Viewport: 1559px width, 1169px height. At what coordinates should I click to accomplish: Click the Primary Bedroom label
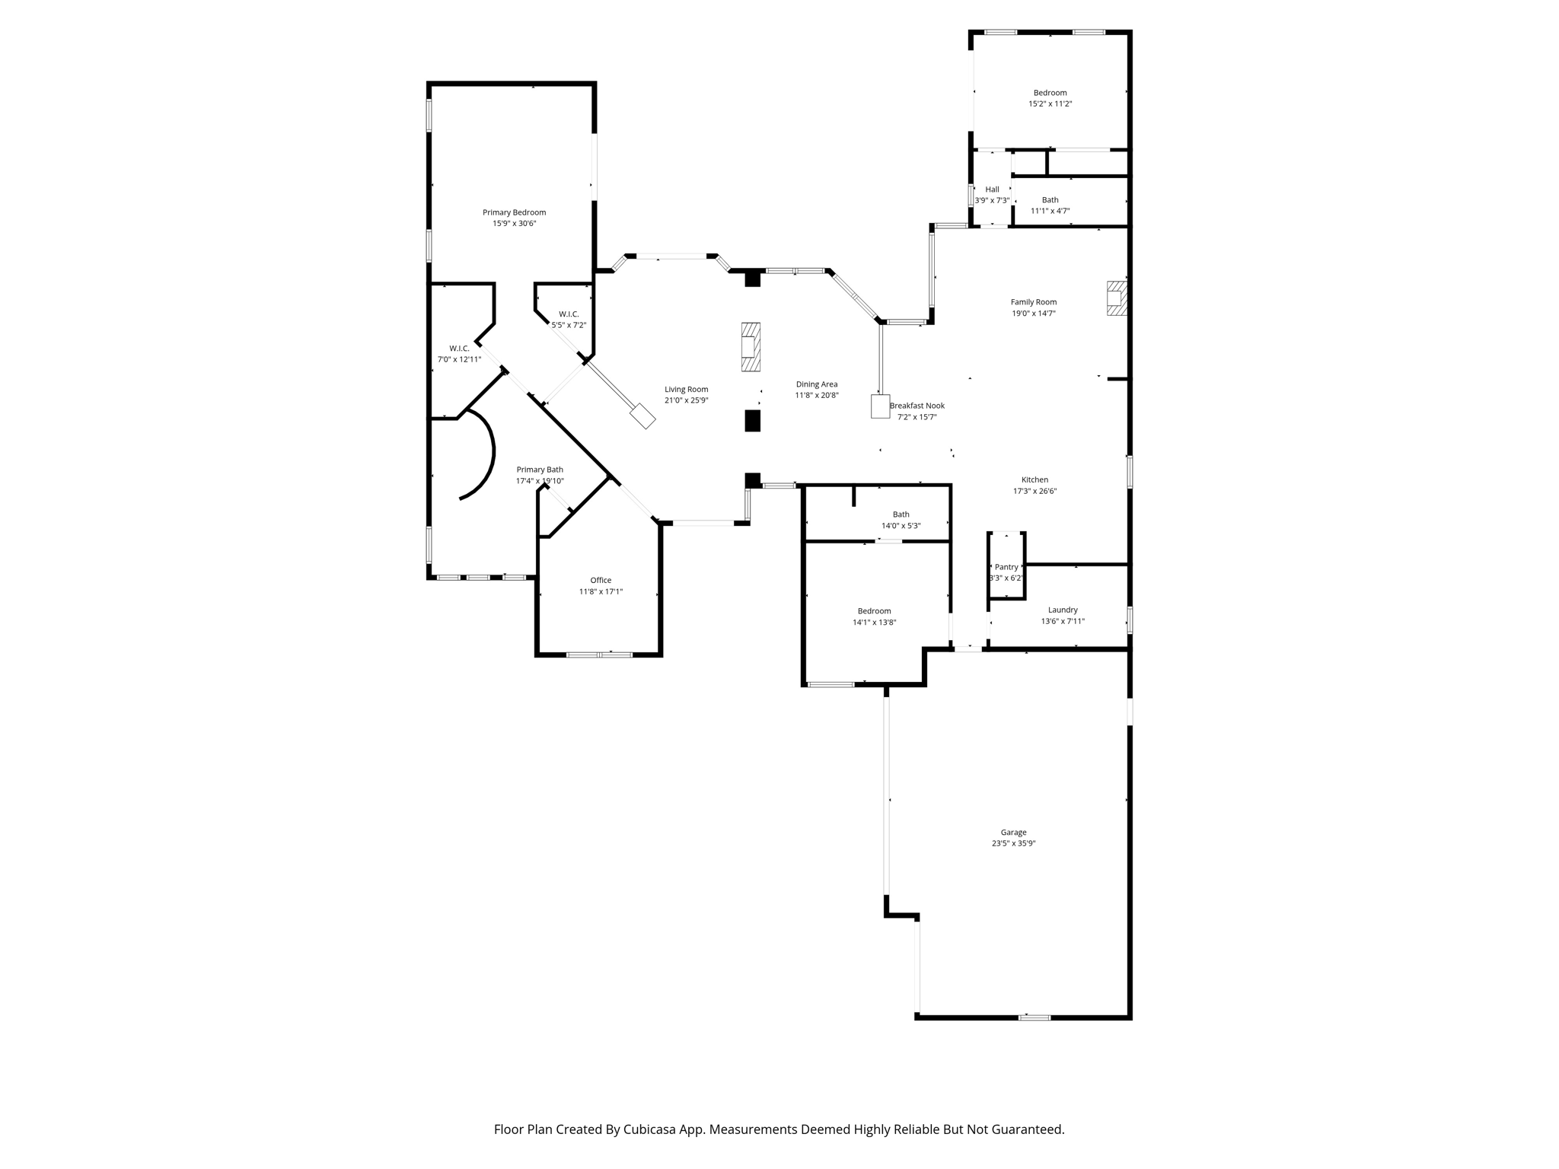pyautogui.click(x=514, y=212)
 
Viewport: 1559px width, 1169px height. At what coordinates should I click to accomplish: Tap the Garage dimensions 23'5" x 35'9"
pyautogui.click(x=1013, y=843)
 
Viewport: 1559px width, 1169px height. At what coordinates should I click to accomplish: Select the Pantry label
pyautogui.click(x=1006, y=567)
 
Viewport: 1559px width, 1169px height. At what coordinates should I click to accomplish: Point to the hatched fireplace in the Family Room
pyautogui.click(x=1116, y=298)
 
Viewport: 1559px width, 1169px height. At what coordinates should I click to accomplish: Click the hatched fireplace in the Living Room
pyautogui.click(x=751, y=347)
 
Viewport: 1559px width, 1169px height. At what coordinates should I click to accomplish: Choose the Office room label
pyautogui.click(x=601, y=580)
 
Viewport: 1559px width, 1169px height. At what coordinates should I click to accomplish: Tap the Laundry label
pyautogui.click(x=1063, y=610)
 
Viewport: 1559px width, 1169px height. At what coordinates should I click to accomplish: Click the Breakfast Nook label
pyautogui.click(x=917, y=406)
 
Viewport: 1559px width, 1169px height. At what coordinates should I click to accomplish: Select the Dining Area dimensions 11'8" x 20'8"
pyautogui.click(x=817, y=396)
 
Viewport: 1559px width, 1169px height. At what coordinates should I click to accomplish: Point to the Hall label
pyautogui.click(x=992, y=190)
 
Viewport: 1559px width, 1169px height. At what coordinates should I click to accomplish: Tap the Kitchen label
pyautogui.click(x=1035, y=479)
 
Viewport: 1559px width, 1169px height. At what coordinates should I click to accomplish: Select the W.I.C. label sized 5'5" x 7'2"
pyautogui.click(x=569, y=314)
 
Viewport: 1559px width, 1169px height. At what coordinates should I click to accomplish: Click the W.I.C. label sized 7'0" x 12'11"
pyautogui.click(x=459, y=349)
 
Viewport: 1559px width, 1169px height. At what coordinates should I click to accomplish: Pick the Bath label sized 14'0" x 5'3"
pyautogui.click(x=901, y=514)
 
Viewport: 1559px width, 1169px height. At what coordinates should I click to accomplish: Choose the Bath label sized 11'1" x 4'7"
pyautogui.click(x=1050, y=200)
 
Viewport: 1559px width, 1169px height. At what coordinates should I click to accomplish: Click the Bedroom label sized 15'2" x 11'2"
pyautogui.click(x=1050, y=93)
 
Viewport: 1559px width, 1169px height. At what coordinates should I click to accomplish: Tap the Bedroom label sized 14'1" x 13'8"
pyautogui.click(x=874, y=611)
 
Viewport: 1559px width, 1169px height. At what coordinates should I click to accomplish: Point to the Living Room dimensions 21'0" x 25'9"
pyautogui.click(x=686, y=400)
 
